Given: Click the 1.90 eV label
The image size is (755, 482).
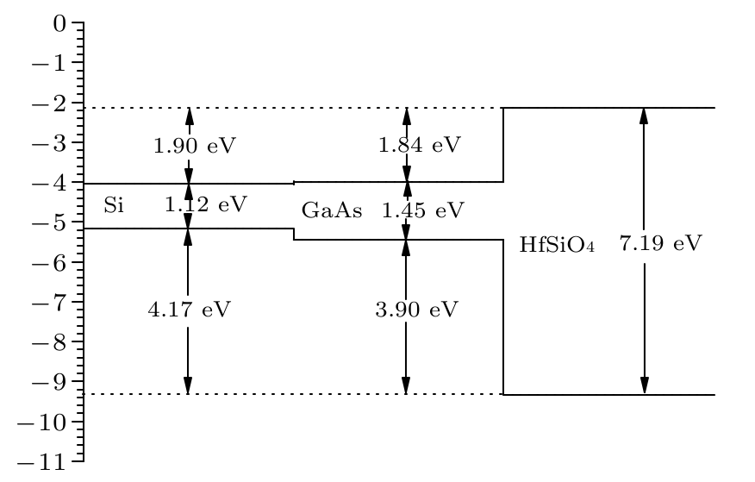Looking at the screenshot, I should coord(194,145).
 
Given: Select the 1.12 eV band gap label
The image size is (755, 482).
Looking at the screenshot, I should coord(206,204).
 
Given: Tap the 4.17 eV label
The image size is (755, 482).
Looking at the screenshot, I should coord(189,309).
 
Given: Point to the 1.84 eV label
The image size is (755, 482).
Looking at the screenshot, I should coord(420,144).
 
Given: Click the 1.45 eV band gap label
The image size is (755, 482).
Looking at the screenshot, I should coord(423,210).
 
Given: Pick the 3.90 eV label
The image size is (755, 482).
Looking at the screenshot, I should coord(416,309).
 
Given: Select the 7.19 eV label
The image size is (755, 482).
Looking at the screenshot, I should coord(661,243).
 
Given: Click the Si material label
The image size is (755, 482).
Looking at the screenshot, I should coord(113,205).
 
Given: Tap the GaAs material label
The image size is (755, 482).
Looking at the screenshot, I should coord(332,210).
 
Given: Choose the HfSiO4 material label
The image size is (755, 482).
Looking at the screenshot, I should coord(557,245).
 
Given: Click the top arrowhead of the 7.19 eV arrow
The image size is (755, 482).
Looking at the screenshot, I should coord(643,116).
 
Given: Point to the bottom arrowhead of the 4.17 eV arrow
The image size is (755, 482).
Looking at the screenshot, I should coord(188,385).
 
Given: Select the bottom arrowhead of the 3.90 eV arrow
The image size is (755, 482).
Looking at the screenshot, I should coord(406,385).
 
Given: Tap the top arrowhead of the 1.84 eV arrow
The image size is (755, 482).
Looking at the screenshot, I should coord(407,116).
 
